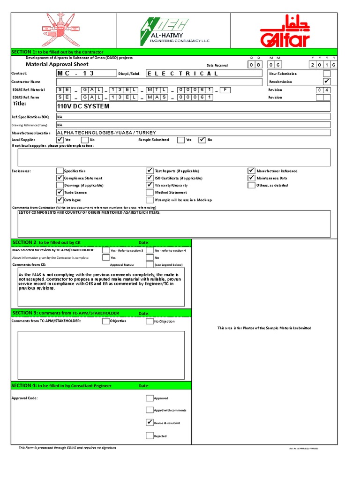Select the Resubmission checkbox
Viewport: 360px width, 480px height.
pyautogui.click(x=327, y=82)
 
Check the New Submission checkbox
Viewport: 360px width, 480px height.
pyautogui.click(x=327, y=74)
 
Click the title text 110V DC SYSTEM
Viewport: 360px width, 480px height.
pyautogui.click(x=83, y=106)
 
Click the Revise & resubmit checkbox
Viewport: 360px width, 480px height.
pyautogui.click(x=150, y=423)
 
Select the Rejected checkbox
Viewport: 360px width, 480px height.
pyautogui.click(x=150, y=435)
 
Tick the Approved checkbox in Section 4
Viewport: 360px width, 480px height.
pyautogui.click(x=150, y=398)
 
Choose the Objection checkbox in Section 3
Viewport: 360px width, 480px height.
pyautogui.click(x=106, y=322)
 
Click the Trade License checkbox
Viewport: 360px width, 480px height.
pyautogui.click(x=60, y=192)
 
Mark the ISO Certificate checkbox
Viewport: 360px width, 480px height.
pyautogui.click(x=150, y=178)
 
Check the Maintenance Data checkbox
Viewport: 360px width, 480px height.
pyautogui.click(x=252, y=178)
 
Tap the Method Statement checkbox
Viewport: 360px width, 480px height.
pyautogui.click(x=150, y=192)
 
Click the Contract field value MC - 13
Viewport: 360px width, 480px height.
pyautogui.click(x=75, y=74)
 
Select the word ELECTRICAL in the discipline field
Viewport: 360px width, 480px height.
pyautogui.click(x=183, y=74)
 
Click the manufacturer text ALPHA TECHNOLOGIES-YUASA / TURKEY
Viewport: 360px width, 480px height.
pyautogui.click(x=106, y=133)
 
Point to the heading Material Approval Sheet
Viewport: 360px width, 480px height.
pyautogui.click(x=57, y=64)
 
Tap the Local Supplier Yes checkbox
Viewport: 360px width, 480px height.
pyautogui.click(x=60, y=140)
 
